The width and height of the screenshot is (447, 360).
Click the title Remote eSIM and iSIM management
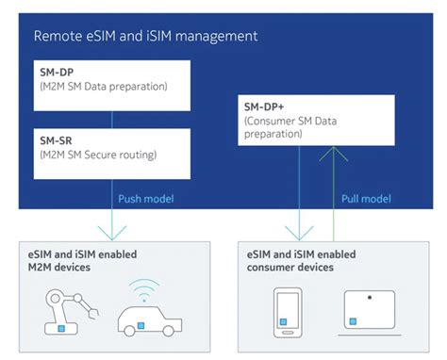[x=145, y=36]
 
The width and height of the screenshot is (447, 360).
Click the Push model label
[x=146, y=198]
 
